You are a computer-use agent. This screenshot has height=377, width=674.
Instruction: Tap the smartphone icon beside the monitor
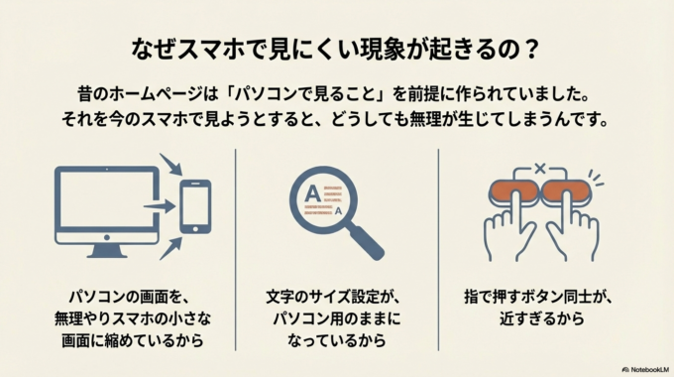194,205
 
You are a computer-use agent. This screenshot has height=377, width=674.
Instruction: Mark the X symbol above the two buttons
539,169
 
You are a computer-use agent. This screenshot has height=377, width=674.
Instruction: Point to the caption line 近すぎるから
539,319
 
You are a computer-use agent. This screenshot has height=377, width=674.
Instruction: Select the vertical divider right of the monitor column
236,248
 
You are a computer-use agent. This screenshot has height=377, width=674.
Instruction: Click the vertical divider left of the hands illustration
438,248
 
